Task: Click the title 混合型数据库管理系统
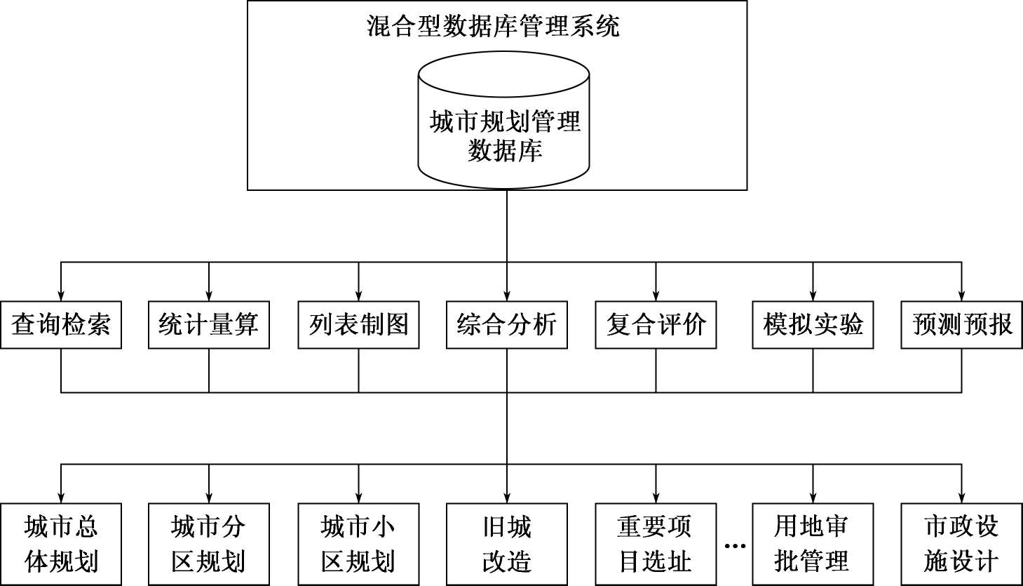tap(493, 27)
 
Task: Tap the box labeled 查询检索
tap(61, 325)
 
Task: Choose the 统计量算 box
tap(209, 325)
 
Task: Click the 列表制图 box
tap(358, 325)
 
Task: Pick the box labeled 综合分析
tap(507, 325)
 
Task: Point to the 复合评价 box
tap(656, 325)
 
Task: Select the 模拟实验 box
tap(813, 325)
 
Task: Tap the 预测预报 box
tap(961, 325)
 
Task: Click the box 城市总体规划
tap(61, 544)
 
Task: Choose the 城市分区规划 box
tap(209, 544)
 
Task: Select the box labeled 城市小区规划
tap(358, 544)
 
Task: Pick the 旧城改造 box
tap(507, 544)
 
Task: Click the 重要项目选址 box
tap(656, 544)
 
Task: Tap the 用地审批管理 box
tap(813, 544)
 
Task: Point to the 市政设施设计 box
tap(961, 544)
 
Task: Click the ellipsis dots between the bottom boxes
tap(734, 546)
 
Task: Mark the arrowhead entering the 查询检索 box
tap(61, 295)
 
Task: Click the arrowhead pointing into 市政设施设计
tap(961, 497)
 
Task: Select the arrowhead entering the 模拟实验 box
tap(813, 295)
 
